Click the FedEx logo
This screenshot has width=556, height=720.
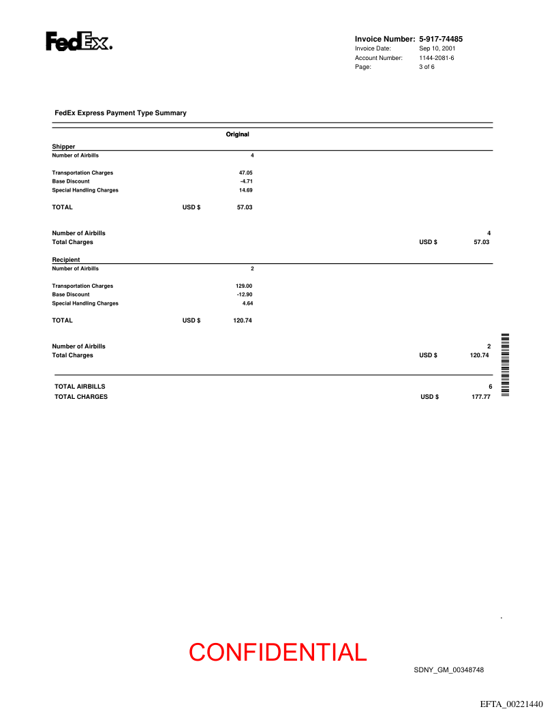click(x=78, y=42)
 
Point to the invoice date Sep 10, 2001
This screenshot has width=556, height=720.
click(x=437, y=48)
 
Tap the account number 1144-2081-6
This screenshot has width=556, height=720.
click(x=437, y=58)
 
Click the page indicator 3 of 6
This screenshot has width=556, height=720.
click(x=427, y=67)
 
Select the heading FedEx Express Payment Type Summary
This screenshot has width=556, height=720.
click(x=121, y=113)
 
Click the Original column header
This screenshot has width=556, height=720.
click(x=238, y=134)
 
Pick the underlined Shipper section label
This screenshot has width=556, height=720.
click(x=63, y=147)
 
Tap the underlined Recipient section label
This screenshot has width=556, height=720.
click(x=66, y=260)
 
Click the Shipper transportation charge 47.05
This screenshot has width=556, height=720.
click(x=245, y=173)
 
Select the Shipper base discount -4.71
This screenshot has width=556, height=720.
click(x=247, y=181)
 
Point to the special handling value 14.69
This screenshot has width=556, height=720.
click(x=245, y=190)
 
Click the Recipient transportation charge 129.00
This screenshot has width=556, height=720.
click(x=244, y=286)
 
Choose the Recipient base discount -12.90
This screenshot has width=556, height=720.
click(x=244, y=295)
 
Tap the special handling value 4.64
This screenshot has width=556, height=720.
click(x=247, y=303)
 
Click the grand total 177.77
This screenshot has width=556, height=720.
click(x=481, y=397)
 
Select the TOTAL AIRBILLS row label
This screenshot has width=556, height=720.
click(x=80, y=387)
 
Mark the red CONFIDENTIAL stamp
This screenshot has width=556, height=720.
click(x=278, y=652)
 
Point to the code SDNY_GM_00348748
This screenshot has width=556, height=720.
click(x=449, y=670)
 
